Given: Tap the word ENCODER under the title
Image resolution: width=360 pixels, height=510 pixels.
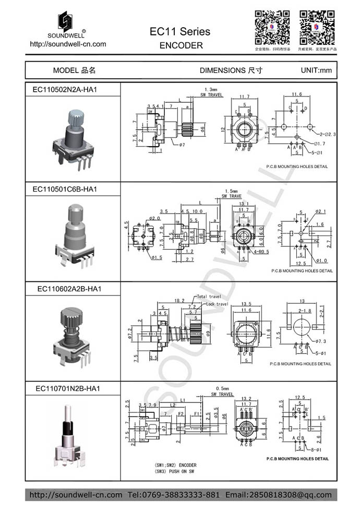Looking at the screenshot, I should tap(181, 45).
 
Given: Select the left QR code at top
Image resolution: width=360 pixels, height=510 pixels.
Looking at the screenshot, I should tap(271, 27).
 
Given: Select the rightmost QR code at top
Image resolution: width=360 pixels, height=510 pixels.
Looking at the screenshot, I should tap(316, 27).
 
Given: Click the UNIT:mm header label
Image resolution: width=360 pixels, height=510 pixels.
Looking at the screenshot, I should tap(316, 70).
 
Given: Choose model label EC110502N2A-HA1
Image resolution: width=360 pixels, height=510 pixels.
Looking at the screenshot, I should tap(65, 89).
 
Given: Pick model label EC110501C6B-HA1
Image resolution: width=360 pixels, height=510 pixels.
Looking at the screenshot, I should tap(65, 188).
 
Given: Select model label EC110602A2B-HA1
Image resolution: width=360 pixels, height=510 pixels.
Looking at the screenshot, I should tap(69, 289).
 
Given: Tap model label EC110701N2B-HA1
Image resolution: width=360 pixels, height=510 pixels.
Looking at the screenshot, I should tap(68, 388).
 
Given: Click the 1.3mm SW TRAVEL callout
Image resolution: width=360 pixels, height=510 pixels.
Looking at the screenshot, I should tap(211, 92).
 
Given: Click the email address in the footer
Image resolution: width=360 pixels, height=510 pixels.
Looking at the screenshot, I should tap(278, 494).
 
